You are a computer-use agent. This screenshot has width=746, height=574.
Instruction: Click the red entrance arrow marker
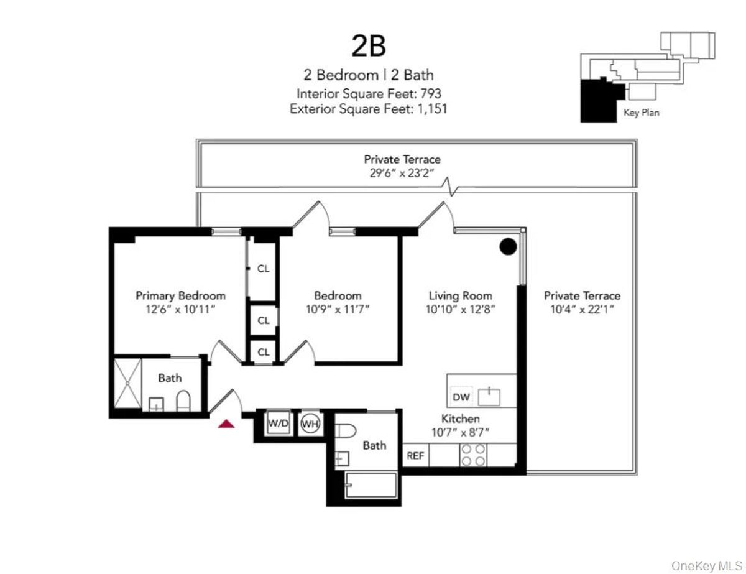(226, 424)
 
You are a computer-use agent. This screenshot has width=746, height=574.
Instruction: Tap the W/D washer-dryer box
(279, 424)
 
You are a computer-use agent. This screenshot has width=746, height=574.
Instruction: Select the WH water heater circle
(310, 424)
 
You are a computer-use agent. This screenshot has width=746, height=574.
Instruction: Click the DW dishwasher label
(461, 397)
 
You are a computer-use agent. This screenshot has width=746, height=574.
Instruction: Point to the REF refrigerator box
(415, 456)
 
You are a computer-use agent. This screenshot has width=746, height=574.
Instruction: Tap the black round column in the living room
(509, 247)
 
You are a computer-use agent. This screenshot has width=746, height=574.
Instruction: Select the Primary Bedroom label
(180, 295)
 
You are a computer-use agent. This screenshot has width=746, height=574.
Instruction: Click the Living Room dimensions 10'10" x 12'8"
(461, 309)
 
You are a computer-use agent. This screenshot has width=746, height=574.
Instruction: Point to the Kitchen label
(460, 419)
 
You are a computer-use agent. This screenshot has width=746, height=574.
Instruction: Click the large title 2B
(369, 47)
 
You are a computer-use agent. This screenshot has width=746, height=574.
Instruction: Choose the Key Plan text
(641, 113)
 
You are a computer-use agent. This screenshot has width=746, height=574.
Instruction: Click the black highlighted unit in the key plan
(598, 101)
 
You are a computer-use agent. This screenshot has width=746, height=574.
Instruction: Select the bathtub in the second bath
(371, 486)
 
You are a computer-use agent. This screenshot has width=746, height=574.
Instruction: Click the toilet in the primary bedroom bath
(183, 401)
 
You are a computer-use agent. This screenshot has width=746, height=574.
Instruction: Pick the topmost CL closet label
(264, 269)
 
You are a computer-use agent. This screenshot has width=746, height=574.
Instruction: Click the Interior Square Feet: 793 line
(369, 93)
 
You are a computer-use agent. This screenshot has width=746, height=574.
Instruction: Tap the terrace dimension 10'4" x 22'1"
(582, 309)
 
